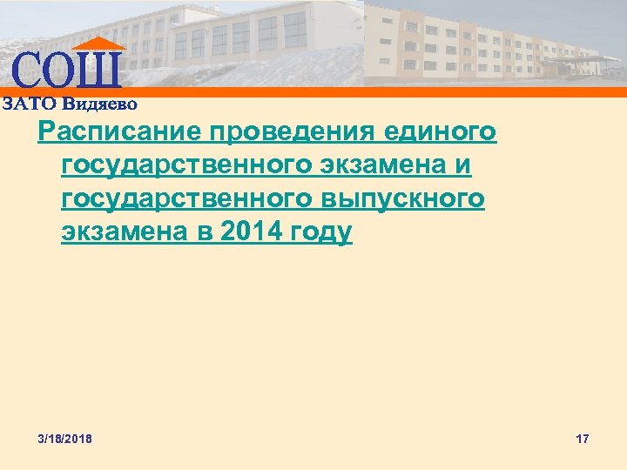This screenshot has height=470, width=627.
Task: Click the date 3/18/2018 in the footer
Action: coord(64,439)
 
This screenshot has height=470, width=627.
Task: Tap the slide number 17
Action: coord(583,439)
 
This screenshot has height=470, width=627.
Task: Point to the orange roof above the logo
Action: coord(98,43)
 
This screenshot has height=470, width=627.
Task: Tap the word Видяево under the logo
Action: coord(99,103)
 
